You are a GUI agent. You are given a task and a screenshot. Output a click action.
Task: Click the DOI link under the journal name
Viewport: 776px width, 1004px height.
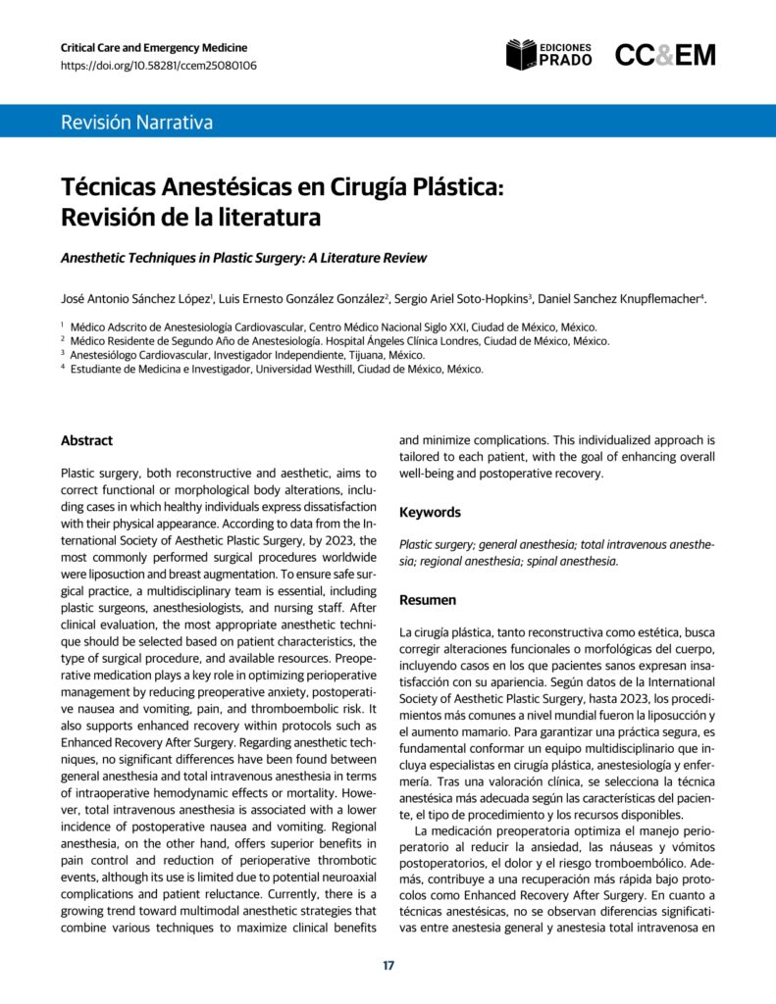point(159,66)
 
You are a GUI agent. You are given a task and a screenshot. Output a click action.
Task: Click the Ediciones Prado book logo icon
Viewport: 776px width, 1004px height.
point(521,55)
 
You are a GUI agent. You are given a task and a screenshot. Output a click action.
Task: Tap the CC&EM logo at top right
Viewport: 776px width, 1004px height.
point(665,55)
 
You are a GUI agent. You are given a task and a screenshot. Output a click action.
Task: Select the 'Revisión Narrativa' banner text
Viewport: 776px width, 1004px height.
point(136,123)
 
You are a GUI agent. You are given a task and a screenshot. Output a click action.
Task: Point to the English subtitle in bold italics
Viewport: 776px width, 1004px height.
point(243,258)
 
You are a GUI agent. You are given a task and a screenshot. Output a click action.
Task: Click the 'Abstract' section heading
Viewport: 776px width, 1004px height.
point(86,440)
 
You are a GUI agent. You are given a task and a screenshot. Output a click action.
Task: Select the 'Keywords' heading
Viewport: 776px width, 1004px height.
point(430,512)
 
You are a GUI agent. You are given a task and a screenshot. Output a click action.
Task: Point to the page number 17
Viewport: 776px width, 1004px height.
point(388,966)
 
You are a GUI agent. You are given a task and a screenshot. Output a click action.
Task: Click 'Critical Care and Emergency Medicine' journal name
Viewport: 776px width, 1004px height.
point(154,47)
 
